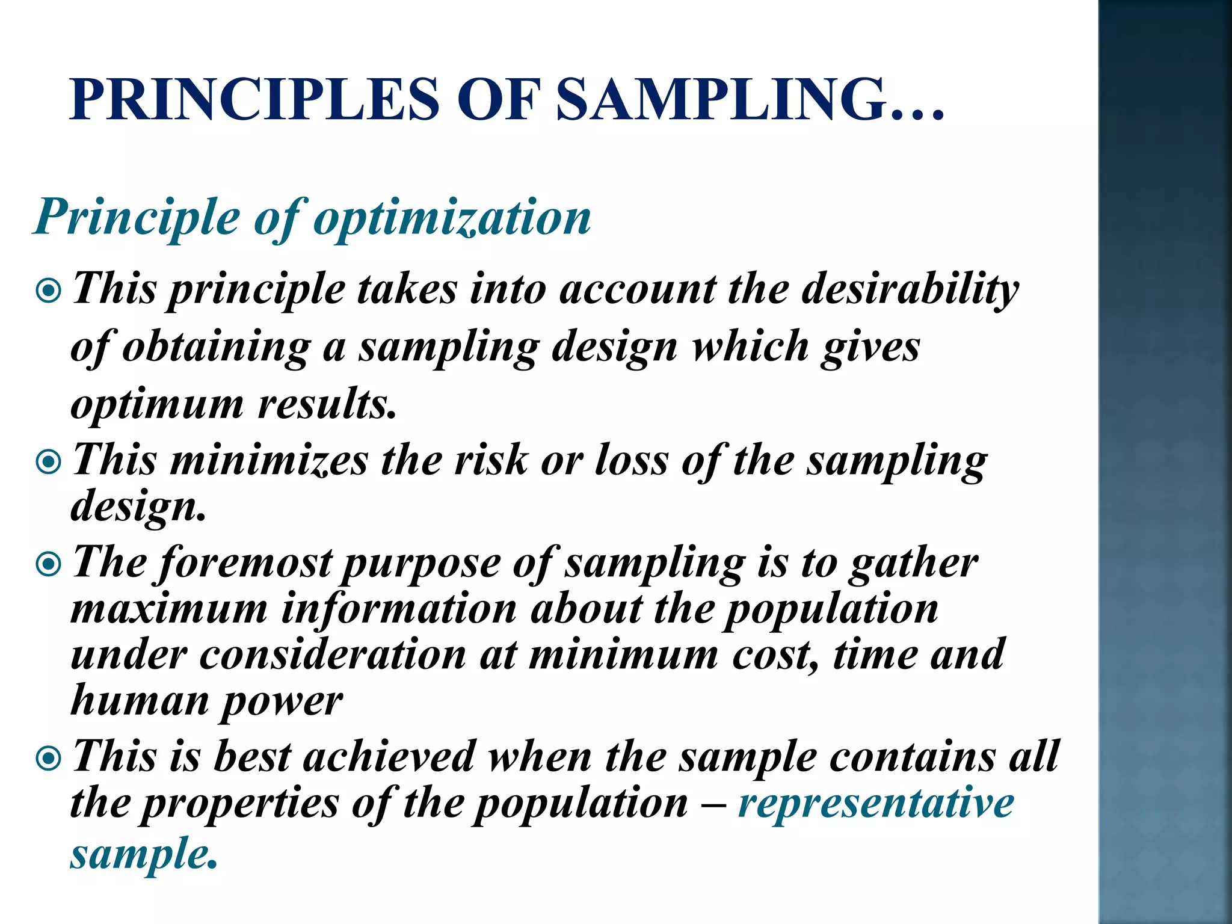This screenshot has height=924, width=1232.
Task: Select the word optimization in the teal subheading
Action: (452, 218)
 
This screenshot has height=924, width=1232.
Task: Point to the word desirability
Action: (910, 289)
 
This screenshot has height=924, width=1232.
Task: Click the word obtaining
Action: (216, 347)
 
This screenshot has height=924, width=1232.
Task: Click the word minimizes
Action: (269, 461)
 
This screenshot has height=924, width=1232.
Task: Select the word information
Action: (399, 609)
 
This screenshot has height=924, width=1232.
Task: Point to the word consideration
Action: (333, 654)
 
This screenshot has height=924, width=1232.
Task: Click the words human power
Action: (206, 701)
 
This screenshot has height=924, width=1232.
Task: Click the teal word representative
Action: (876, 804)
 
